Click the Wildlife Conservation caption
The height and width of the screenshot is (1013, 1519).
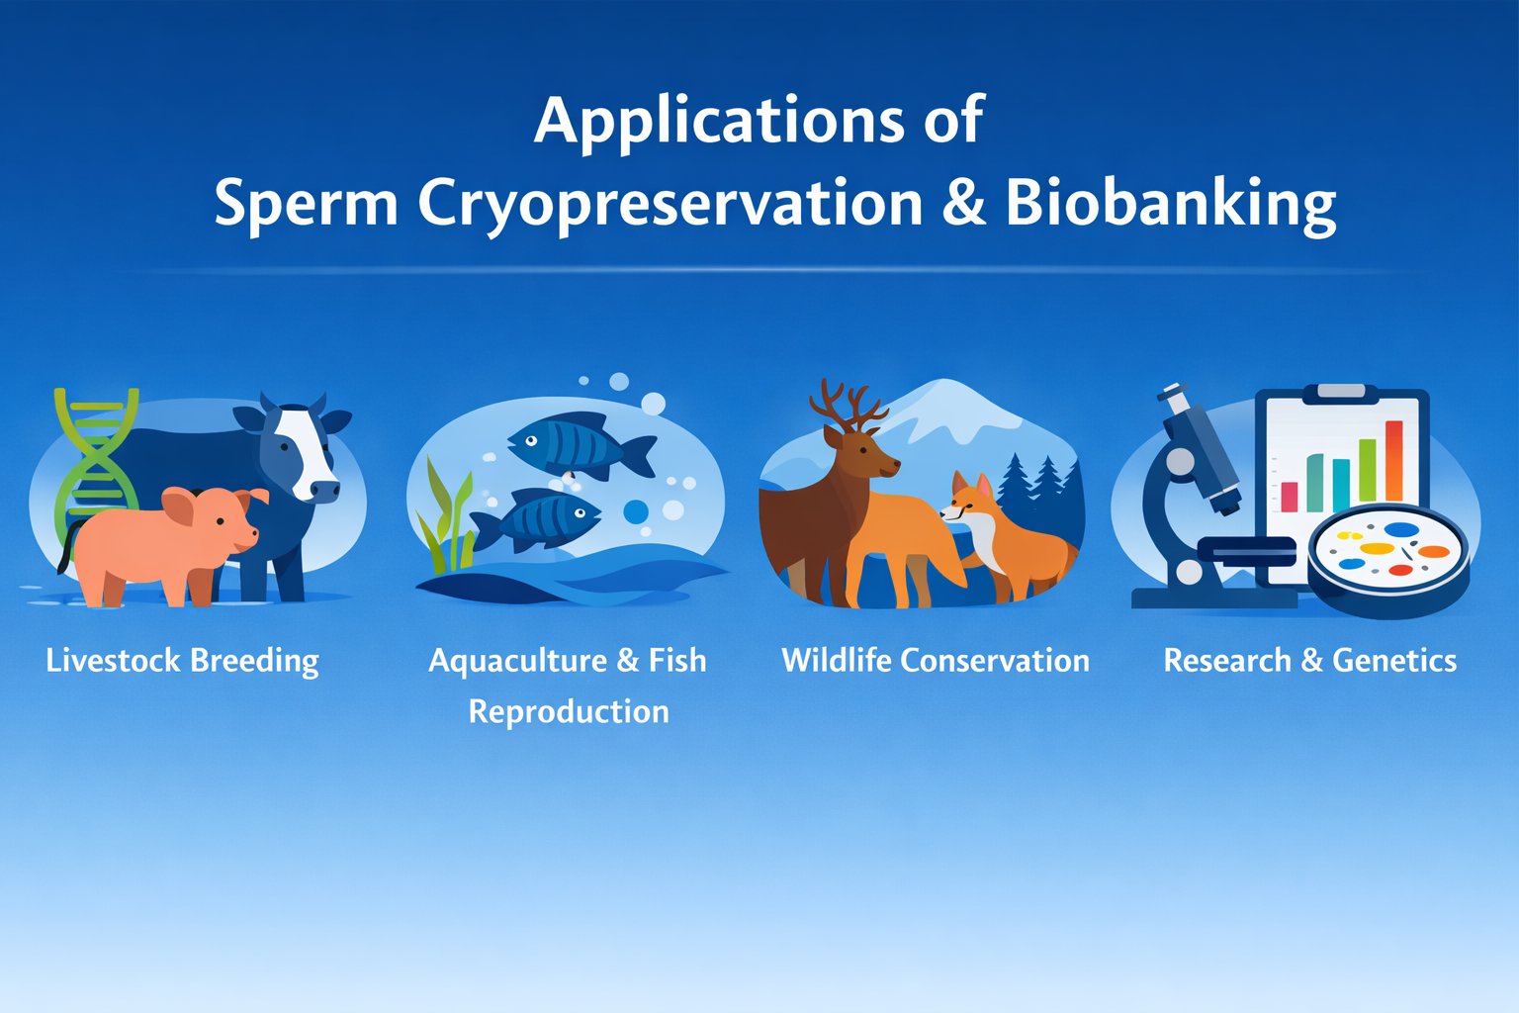[936, 660]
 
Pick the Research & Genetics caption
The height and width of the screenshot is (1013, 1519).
[1310, 660]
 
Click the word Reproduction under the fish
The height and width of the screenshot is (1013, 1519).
[569, 712]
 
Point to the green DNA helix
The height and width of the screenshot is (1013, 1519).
[95, 468]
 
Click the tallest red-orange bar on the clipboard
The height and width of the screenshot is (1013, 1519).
[1394, 461]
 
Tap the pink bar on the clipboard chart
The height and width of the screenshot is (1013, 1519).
[1290, 497]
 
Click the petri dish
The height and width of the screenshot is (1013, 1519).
[1388, 560]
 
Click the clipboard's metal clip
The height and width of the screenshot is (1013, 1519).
[1341, 392]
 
